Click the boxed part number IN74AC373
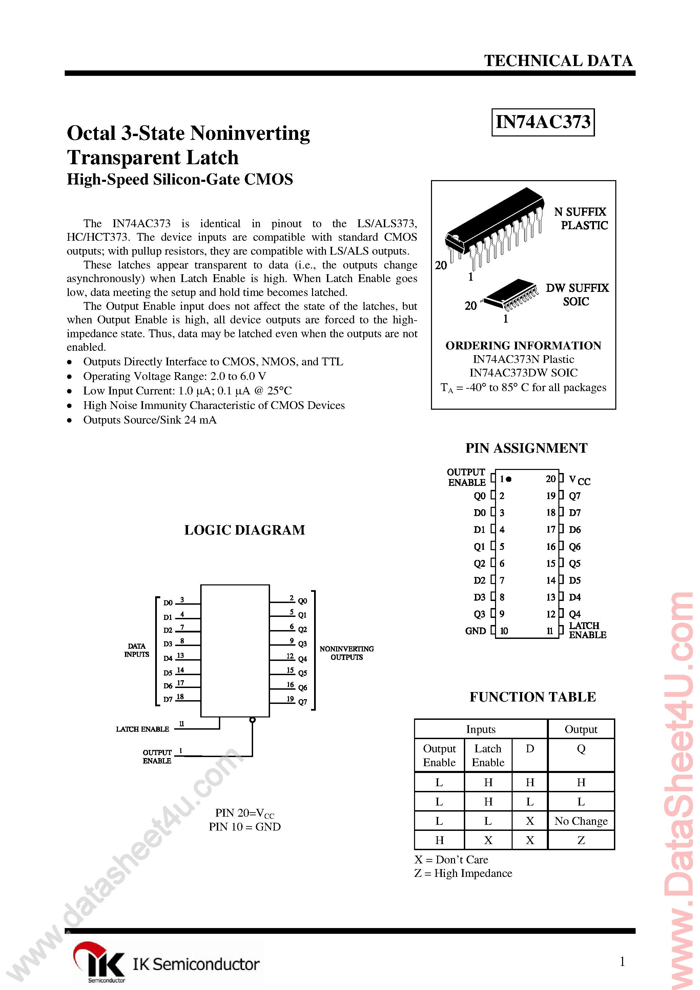click(542, 122)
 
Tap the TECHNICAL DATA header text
click(558, 61)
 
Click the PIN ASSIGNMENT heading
click(526, 448)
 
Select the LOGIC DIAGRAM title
click(244, 530)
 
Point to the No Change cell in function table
click(581, 821)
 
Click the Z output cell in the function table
click(581, 840)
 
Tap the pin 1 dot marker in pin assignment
click(509, 479)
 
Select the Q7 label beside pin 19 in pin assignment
click(574, 496)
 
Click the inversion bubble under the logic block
click(252, 720)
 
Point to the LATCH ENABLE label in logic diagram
click(142, 729)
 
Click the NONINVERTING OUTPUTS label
click(347, 653)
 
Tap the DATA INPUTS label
click(137, 650)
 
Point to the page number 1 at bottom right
click(622, 962)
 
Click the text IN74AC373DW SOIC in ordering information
click(523, 373)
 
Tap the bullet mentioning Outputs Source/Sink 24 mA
click(149, 420)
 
